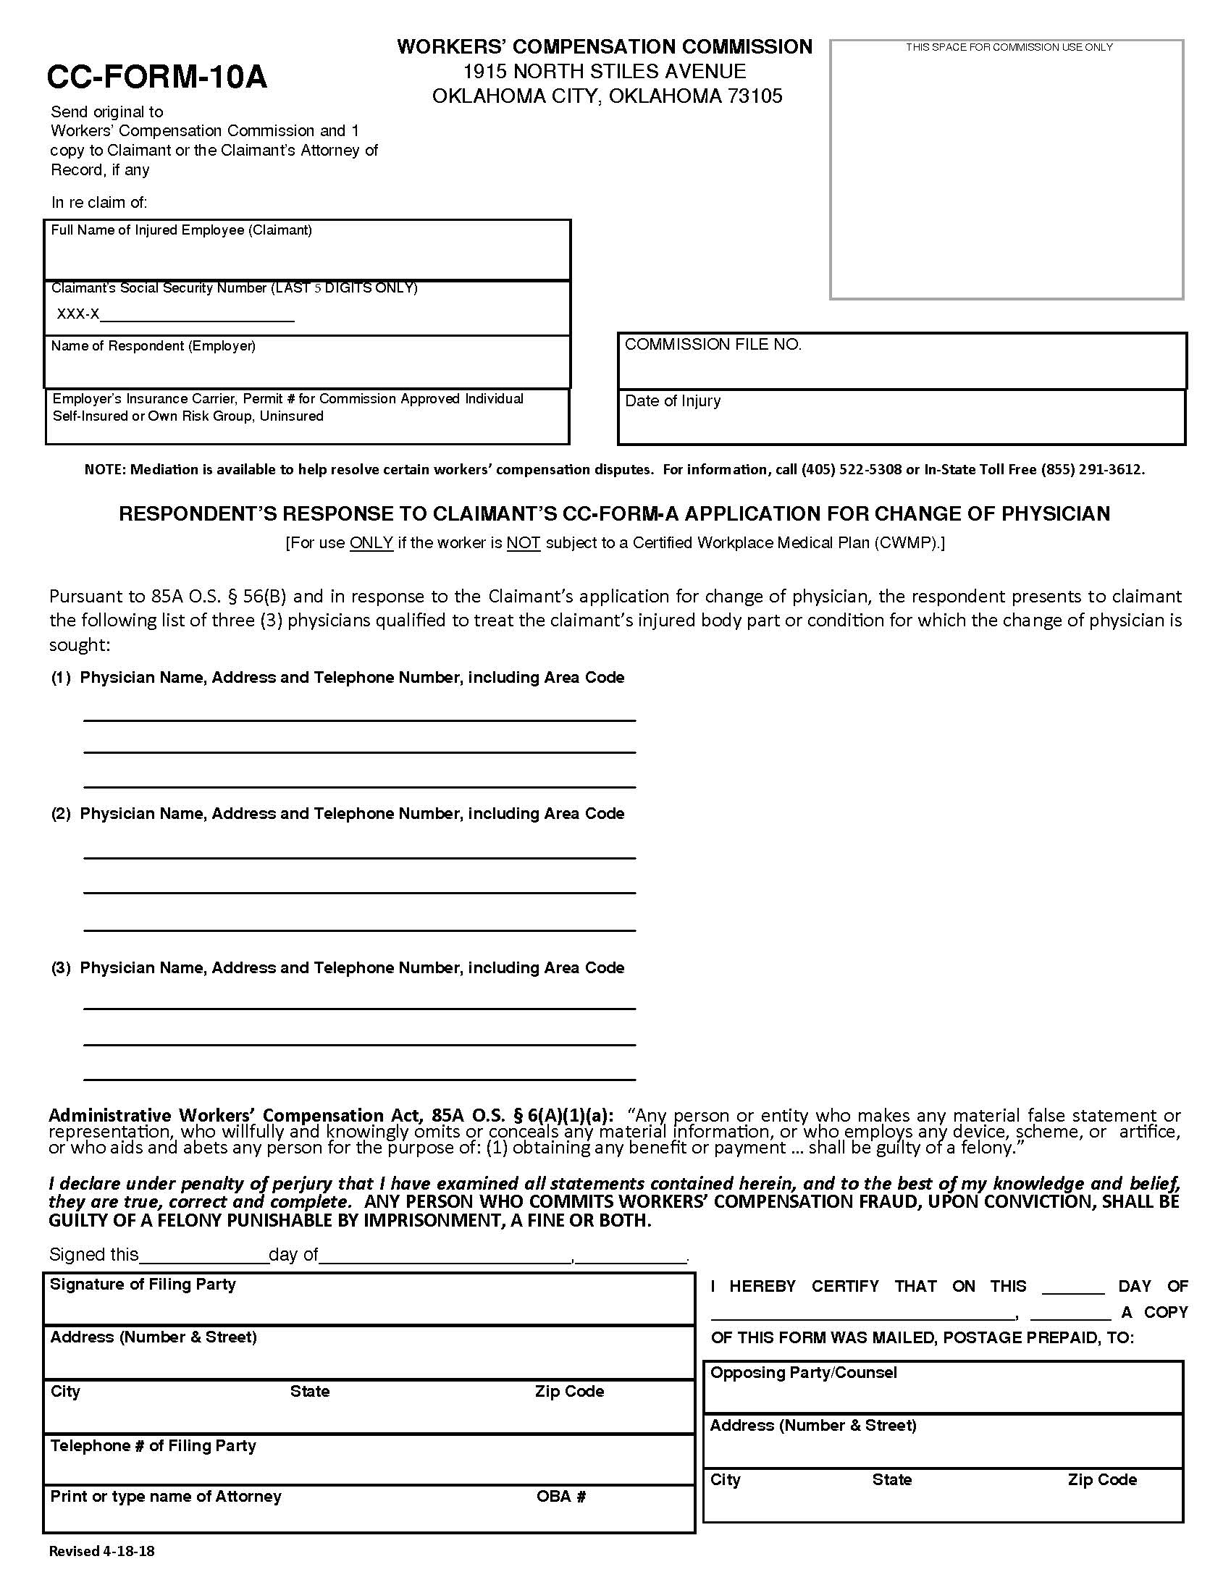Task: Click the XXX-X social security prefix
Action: (x=78, y=314)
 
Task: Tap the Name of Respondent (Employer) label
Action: (x=153, y=345)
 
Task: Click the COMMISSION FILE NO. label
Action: (x=713, y=344)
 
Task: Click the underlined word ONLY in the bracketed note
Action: (x=371, y=542)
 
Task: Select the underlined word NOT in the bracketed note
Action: (x=523, y=542)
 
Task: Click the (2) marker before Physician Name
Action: (x=61, y=813)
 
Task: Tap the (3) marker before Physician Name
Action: (x=61, y=967)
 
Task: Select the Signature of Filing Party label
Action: (x=143, y=1284)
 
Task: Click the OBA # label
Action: (x=560, y=1496)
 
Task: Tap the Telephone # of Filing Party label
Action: (x=153, y=1445)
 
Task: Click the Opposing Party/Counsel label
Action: (x=804, y=1372)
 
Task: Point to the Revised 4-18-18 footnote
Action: (x=101, y=1551)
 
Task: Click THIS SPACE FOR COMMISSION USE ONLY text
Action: (x=1009, y=47)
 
